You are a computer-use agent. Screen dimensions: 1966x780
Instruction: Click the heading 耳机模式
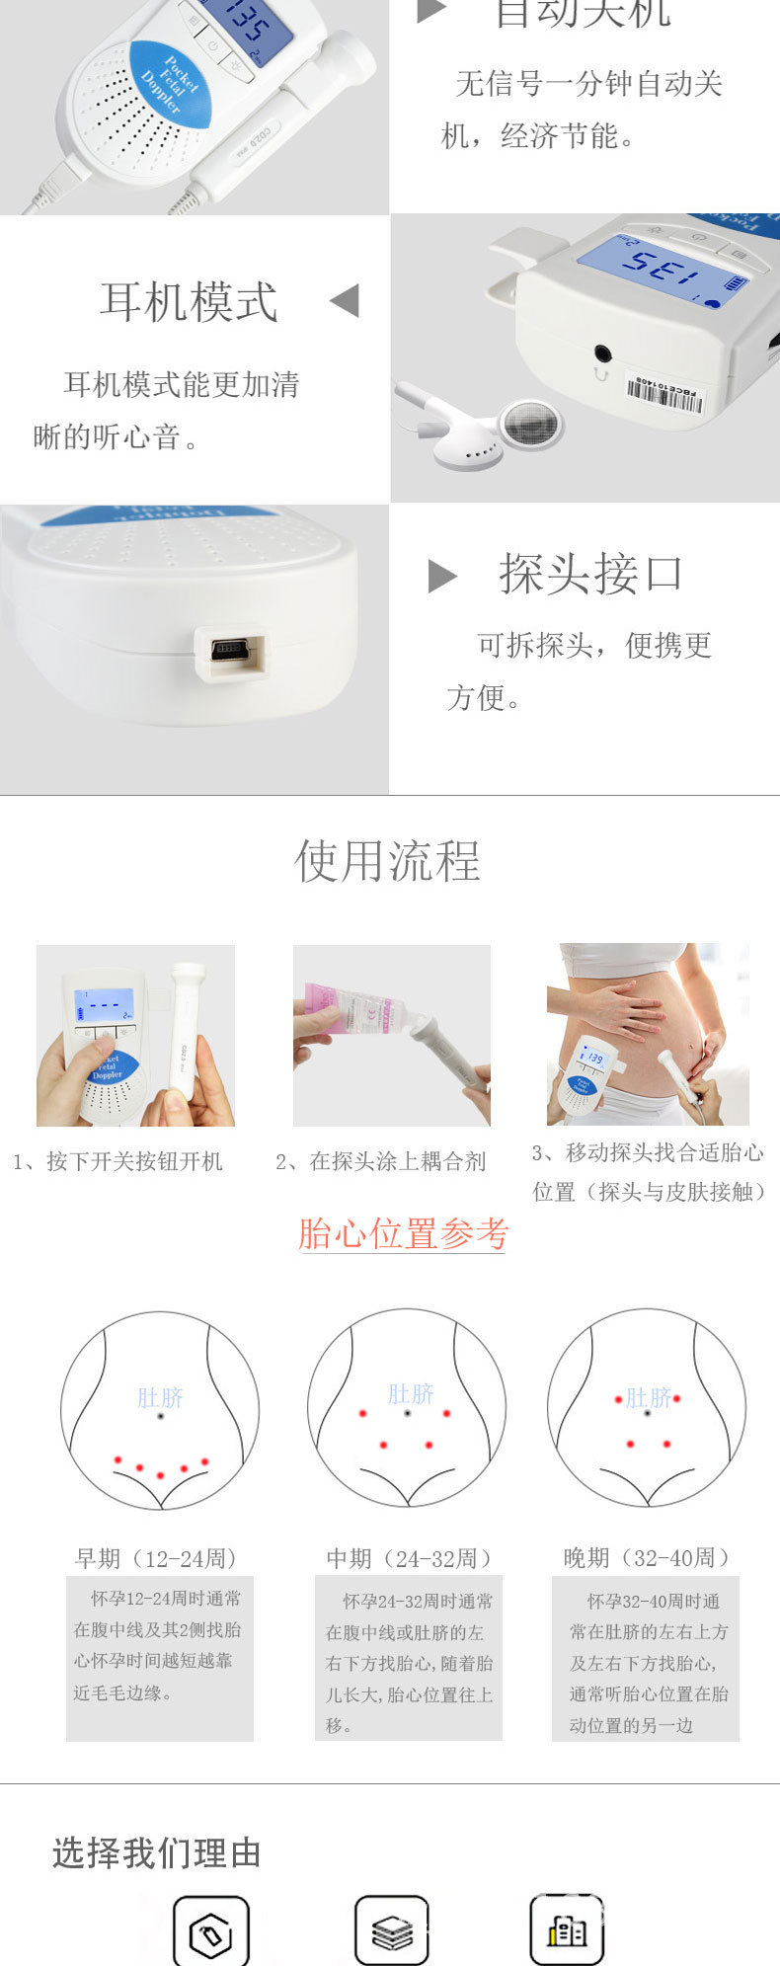coord(189,302)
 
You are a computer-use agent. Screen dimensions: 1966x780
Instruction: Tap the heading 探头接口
coord(590,574)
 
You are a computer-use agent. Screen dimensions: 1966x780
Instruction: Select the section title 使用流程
coord(388,861)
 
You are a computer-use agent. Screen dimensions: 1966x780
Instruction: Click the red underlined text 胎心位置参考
coord(402,1234)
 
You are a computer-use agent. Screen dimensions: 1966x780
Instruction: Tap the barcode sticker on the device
coord(663,392)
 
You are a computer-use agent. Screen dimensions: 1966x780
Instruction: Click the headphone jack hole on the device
coord(601,354)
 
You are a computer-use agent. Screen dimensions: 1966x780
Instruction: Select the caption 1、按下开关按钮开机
coord(118,1162)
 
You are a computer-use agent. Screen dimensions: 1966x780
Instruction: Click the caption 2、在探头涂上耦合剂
coord(381,1162)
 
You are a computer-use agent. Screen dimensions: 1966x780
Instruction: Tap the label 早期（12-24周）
coord(157,1559)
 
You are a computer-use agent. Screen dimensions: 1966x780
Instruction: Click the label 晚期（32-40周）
coord(648,1558)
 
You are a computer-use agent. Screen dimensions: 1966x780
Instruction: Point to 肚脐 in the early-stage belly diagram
coord(160,1398)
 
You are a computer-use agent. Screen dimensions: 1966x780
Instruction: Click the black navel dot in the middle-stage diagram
coord(407,1414)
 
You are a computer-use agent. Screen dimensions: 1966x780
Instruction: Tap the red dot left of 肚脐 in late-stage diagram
coord(618,1399)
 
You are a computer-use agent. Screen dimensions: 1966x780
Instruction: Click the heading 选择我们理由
coord(156,1853)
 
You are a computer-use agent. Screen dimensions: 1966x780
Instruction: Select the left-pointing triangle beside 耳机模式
coord(345,301)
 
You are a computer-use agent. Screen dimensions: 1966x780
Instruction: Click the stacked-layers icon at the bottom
coord(392,1931)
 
